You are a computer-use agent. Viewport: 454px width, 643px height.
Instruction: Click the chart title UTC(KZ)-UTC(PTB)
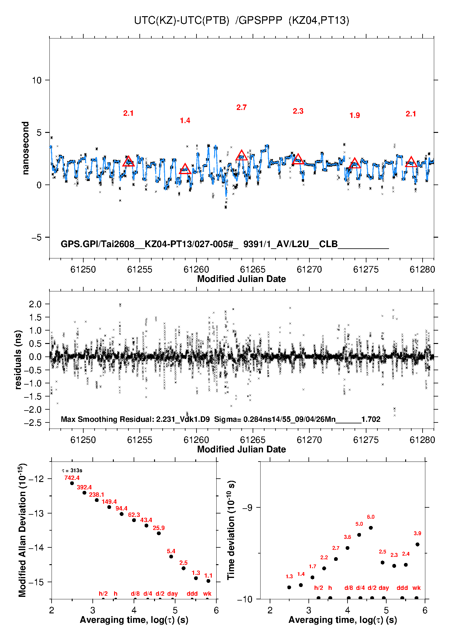tap(182, 20)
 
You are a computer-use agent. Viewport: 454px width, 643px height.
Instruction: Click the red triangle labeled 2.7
tap(242, 155)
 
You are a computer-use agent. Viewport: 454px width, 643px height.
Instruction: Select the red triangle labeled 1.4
tap(185, 169)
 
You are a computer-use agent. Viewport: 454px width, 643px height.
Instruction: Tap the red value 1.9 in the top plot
tap(355, 115)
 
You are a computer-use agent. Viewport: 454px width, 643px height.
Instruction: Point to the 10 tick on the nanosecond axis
tap(37, 80)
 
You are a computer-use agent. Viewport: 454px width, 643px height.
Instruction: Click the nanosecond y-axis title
tap(25, 148)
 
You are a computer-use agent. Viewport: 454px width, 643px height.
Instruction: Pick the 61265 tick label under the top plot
tap(253, 269)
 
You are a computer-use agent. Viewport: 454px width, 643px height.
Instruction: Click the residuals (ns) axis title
tap(18, 360)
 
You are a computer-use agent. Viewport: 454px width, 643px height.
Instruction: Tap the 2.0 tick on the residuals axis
tap(35, 304)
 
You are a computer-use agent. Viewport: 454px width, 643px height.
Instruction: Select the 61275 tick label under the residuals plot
tap(366, 440)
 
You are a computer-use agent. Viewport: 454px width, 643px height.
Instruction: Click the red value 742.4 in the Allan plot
tap(72, 478)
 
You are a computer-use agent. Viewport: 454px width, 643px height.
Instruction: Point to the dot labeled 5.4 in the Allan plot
tap(171, 557)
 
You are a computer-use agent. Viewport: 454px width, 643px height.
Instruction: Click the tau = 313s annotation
tap(72, 470)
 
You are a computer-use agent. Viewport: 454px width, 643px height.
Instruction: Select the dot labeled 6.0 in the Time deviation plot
tap(371, 528)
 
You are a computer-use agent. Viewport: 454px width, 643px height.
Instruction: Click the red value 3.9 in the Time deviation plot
tap(417, 533)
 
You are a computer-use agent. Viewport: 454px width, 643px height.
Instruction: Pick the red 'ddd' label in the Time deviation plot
tap(402, 588)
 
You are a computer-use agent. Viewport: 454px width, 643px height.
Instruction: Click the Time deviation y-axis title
tap(231, 530)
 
